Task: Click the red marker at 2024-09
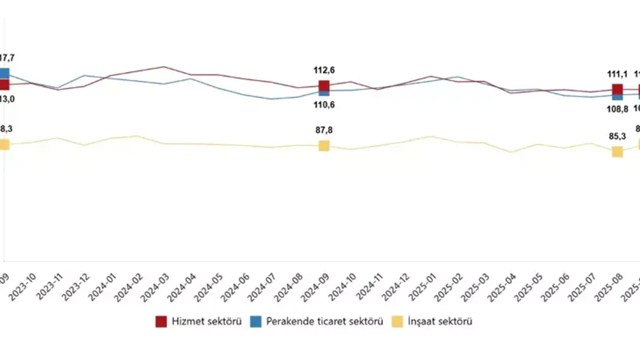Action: pos(324,86)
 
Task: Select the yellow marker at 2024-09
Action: pos(324,145)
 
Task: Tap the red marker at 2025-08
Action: pos(617,89)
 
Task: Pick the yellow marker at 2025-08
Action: pos(617,151)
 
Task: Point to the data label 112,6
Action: pos(324,70)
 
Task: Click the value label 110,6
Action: pos(324,105)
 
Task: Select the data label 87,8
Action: pos(324,130)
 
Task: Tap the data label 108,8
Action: pos(617,108)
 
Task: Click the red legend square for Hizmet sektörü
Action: pos(161,321)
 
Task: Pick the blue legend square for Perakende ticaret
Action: pos(255,321)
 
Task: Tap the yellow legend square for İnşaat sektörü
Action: pos(397,321)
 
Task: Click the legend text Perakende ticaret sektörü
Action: pos(324,321)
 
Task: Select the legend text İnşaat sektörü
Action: pos(440,321)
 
